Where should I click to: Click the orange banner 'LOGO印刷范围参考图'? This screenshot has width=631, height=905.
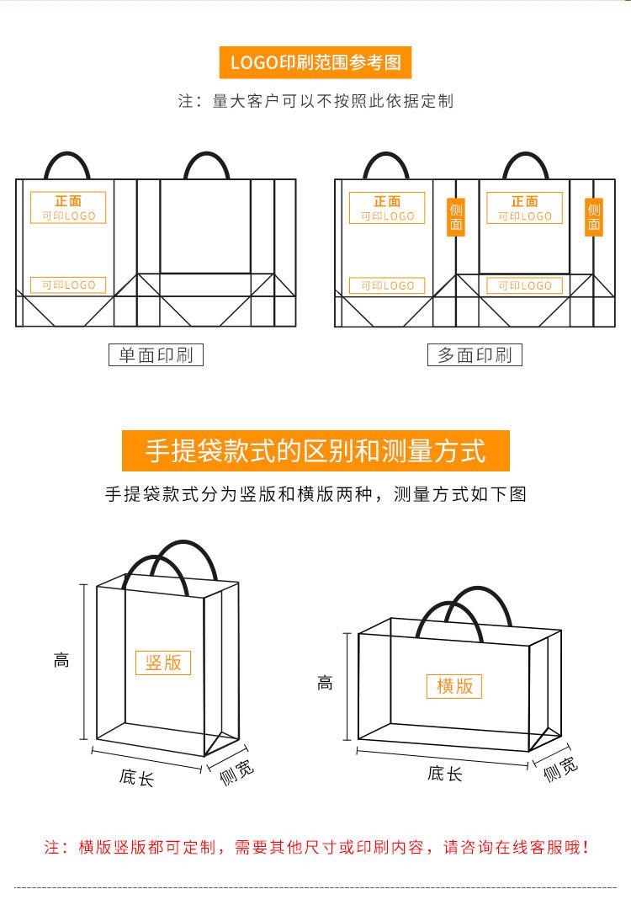pos(315,61)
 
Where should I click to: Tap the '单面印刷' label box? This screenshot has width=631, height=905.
pos(156,355)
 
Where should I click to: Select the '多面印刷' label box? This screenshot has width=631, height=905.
pos(475,355)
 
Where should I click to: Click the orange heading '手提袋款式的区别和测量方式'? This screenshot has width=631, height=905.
pos(315,450)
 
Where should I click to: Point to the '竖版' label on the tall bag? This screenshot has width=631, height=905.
pos(163,662)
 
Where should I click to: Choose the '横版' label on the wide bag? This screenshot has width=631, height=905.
pos(454,686)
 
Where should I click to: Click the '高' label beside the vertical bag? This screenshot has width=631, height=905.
pos(61,661)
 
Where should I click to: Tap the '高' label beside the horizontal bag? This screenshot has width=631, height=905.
pos(325,684)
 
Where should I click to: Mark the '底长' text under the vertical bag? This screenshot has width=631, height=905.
pos(136,777)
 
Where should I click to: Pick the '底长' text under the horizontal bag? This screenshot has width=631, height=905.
pos(444,773)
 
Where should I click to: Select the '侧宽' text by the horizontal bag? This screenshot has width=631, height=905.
pos(560,769)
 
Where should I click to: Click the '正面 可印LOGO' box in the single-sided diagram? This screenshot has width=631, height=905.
pos(69,208)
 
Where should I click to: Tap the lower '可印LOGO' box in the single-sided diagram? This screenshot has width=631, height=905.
pos(69,285)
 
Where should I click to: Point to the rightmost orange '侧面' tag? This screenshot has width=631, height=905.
pos(594,216)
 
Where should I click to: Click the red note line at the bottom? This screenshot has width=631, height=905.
pos(315,847)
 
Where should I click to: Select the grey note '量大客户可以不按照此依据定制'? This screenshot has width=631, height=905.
pos(315,101)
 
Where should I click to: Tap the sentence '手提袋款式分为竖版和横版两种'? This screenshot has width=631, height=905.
pos(315,494)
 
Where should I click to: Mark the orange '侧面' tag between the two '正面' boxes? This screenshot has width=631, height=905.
pos(456,216)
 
